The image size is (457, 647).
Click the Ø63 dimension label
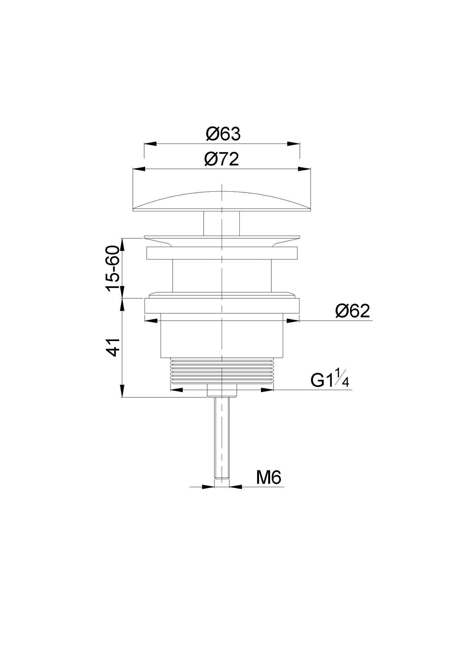[x=223, y=134]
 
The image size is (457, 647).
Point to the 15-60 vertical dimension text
[x=113, y=269]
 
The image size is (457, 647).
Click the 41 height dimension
[x=113, y=347]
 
